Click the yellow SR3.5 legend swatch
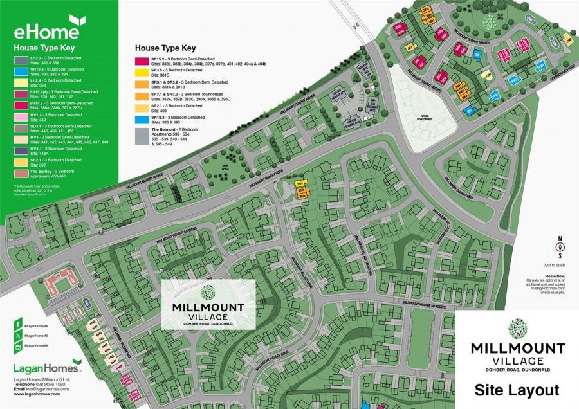point(142,73)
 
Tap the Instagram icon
point(18,347)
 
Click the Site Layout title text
point(517,390)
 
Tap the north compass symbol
point(560,246)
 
